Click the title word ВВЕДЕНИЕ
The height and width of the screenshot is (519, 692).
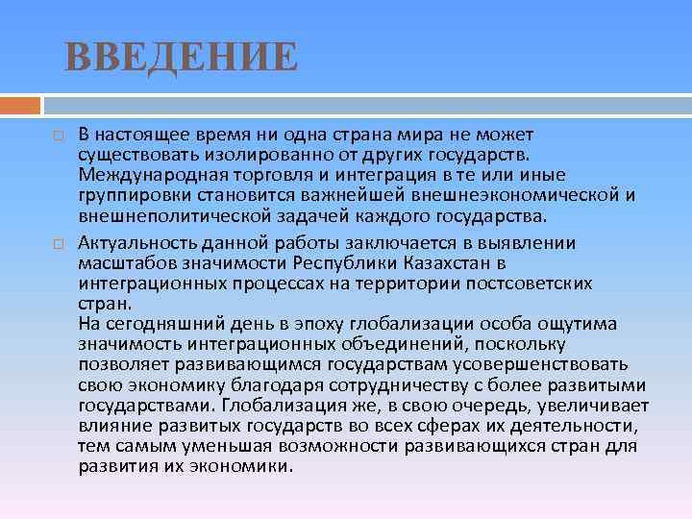pyautogui.click(x=181, y=57)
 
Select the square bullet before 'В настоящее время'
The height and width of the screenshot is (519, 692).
pyautogui.click(x=57, y=138)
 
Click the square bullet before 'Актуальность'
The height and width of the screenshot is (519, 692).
pyautogui.click(x=57, y=243)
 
